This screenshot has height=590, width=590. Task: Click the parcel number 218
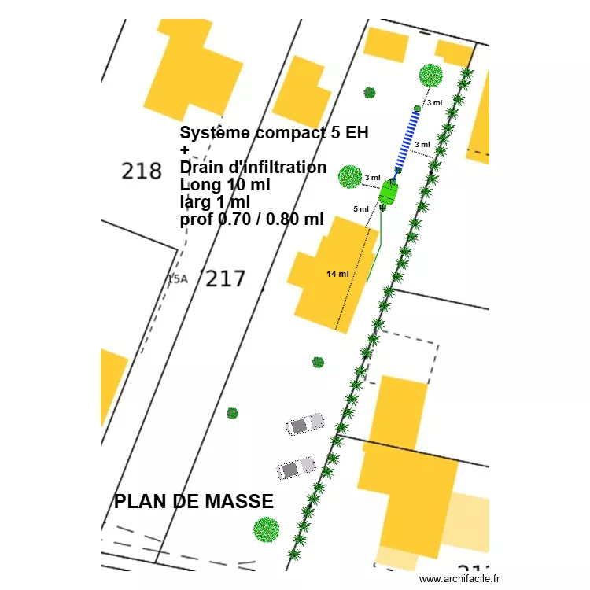(x=142, y=171)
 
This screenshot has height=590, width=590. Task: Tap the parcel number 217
(x=225, y=278)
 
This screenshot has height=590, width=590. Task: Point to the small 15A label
(x=177, y=279)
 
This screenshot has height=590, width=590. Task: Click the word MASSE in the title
(x=238, y=502)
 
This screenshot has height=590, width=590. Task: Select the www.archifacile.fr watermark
(x=459, y=578)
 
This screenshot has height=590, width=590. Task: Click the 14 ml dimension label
(x=337, y=274)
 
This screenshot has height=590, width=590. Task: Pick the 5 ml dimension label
(x=361, y=208)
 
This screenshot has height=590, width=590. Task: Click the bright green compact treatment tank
(x=389, y=192)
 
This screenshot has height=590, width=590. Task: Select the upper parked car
(x=304, y=424)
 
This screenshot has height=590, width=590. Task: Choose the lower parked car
(x=297, y=469)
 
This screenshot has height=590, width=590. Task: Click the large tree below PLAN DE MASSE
(x=267, y=529)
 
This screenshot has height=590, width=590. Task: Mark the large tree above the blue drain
(x=430, y=76)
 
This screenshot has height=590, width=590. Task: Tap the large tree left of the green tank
(x=350, y=176)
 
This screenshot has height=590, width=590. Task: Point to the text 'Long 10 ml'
(x=225, y=185)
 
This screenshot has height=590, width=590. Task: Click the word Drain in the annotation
(x=204, y=168)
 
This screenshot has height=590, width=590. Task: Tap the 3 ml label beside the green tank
(x=372, y=178)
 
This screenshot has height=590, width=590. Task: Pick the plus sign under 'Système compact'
(x=185, y=150)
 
